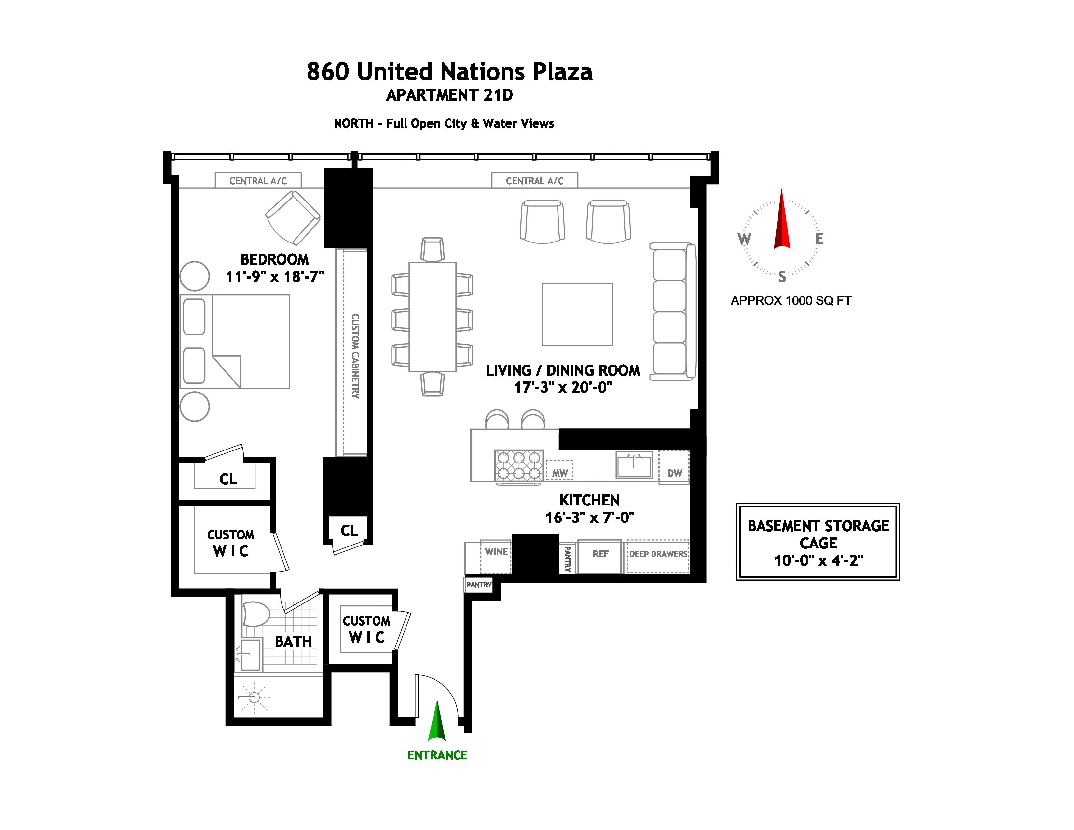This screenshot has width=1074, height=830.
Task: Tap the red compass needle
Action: coord(782,221)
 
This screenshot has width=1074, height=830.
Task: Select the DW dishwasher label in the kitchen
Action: coord(674,473)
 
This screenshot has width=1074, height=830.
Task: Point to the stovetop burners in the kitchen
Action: coord(519,465)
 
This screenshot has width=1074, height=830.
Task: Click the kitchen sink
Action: coord(634,465)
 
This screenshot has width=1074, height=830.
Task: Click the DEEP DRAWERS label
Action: coord(658,554)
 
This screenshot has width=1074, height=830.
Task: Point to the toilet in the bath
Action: coord(256,615)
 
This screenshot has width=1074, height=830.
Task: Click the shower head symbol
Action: coord(254,697)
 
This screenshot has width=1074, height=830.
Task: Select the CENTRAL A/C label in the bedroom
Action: coord(258,181)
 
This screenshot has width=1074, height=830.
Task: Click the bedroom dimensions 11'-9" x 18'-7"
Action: coord(274,277)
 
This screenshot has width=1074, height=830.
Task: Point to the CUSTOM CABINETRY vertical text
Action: coord(355,356)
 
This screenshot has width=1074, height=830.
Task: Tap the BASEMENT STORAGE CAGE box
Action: coord(818,542)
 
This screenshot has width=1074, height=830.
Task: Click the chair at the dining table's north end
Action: coord(432,250)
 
